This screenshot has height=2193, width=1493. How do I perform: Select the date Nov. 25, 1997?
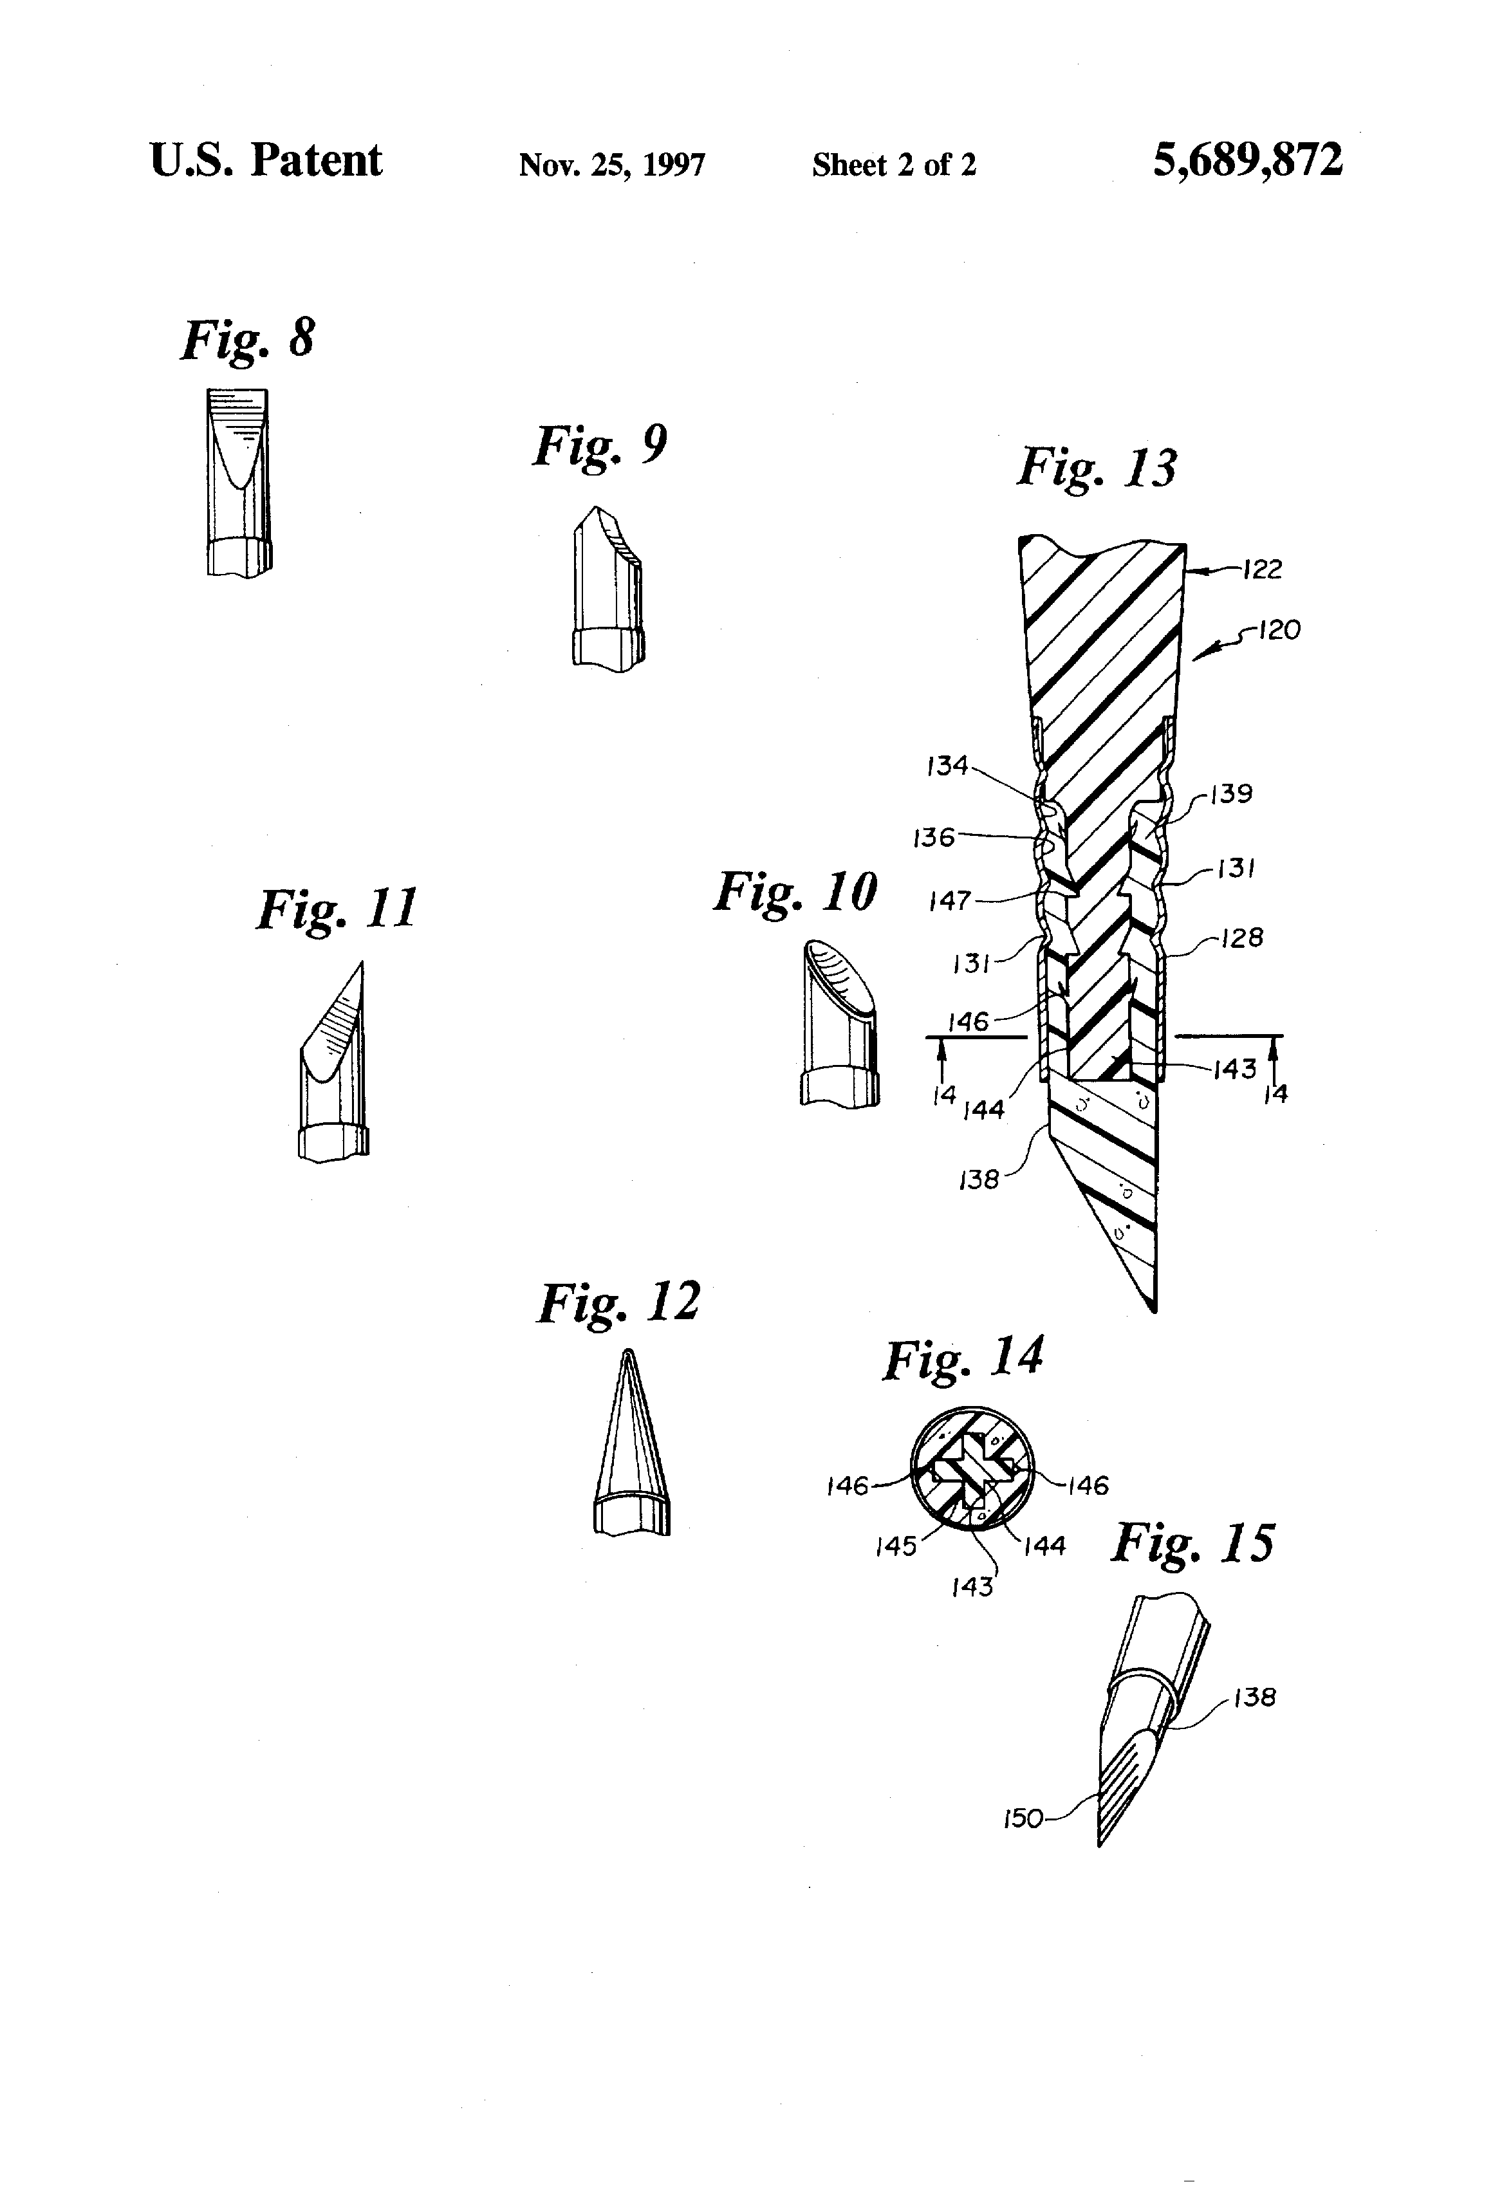(611, 165)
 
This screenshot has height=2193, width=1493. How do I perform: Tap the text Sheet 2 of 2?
(894, 165)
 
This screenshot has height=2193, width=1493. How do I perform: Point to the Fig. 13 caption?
(1097, 467)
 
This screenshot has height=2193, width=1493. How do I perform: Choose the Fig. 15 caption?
(1192, 1544)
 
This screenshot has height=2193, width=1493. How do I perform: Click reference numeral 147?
(949, 900)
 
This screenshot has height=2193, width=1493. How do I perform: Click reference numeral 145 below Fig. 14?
(896, 1546)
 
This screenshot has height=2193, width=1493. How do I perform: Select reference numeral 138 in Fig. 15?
(1254, 1698)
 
